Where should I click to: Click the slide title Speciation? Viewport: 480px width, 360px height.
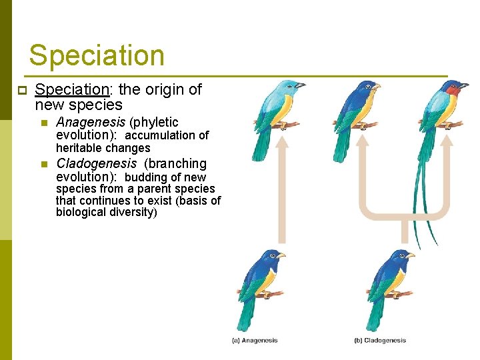click(x=97, y=55)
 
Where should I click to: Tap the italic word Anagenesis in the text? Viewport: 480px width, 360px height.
click(x=91, y=122)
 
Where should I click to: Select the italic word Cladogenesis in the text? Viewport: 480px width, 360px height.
click(x=97, y=163)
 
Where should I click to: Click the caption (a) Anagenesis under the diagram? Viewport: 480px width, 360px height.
click(x=255, y=341)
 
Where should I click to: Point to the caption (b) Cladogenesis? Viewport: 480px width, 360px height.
click(x=379, y=341)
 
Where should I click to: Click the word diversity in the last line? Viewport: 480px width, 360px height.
click(x=131, y=212)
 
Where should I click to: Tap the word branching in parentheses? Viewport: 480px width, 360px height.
click(x=178, y=163)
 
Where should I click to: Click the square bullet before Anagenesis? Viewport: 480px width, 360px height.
click(x=43, y=123)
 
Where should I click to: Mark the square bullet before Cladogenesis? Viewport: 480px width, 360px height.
click(x=43, y=164)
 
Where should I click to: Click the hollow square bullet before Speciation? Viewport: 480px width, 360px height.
click(x=21, y=90)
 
